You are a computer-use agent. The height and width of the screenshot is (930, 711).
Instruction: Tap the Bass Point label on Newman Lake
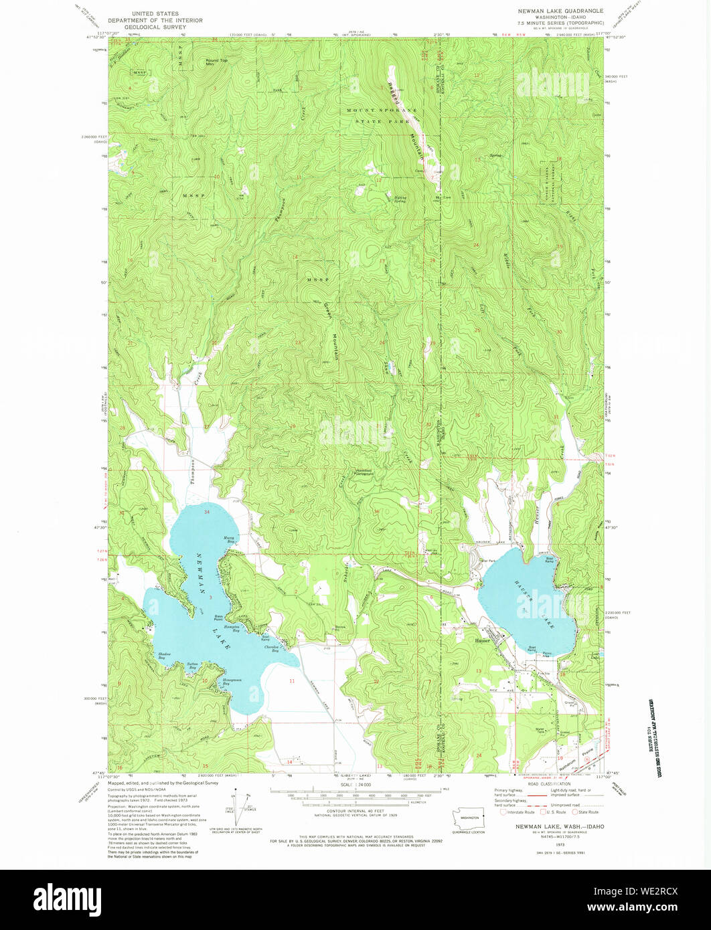pyautogui.click(x=219, y=616)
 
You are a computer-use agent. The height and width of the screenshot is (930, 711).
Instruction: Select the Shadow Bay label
pyautogui.click(x=165, y=656)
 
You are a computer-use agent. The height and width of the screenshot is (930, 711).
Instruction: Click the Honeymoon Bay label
pyautogui.click(x=231, y=682)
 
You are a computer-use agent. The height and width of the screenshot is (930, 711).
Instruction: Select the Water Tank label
pyautogui.click(x=540, y=730)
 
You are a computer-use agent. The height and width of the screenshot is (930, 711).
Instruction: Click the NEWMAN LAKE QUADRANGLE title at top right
pyautogui.click(x=560, y=11)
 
